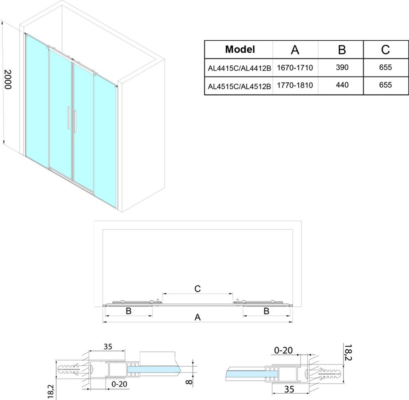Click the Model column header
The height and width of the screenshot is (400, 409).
(x=240, y=49)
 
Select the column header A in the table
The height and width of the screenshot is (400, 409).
(x=295, y=49)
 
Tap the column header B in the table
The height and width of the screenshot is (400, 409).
(x=342, y=49)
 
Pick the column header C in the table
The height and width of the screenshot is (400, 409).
(x=385, y=49)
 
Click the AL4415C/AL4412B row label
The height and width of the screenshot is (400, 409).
(x=240, y=68)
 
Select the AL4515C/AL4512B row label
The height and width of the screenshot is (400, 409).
(x=240, y=86)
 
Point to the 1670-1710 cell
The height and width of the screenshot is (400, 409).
(x=295, y=68)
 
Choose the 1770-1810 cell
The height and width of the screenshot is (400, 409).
(x=295, y=85)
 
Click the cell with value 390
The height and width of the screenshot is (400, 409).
(x=342, y=67)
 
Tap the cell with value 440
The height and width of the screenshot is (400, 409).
(x=342, y=85)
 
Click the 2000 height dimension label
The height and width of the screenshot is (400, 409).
(x=8, y=79)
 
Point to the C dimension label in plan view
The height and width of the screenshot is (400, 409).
(x=197, y=289)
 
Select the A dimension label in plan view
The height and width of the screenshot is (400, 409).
(x=198, y=317)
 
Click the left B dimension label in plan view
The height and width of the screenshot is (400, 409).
(x=128, y=311)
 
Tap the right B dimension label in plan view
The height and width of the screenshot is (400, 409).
(x=266, y=311)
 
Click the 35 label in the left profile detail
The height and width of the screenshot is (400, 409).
(x=108, y=347)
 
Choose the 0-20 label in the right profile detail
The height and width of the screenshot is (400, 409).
(x=284, y=351)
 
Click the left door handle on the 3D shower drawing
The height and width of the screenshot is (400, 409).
(x=68, y=118)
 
